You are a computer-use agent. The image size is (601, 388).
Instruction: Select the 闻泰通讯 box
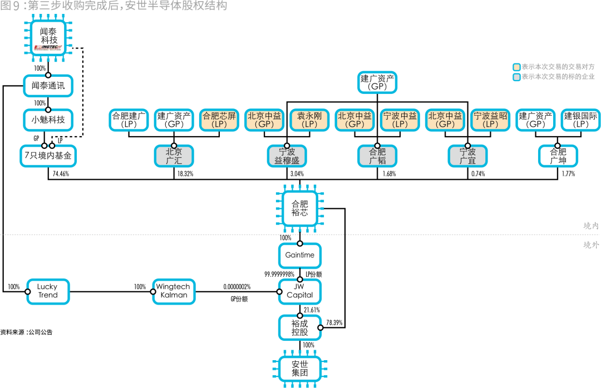48,86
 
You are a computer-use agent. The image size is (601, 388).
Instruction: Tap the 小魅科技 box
48,119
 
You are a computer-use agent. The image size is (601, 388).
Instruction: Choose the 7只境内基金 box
48,156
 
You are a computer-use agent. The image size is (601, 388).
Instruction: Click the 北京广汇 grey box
174,156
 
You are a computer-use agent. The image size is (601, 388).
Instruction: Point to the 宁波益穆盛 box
287,156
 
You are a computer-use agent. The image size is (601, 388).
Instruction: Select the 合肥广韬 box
377,156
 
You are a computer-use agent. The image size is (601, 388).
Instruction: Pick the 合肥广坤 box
558,156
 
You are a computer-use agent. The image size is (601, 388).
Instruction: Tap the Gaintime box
299,255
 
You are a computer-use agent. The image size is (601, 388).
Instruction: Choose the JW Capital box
299,291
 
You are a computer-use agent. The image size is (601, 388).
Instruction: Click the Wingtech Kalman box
174,291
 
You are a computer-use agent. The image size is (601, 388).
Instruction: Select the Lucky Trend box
48,291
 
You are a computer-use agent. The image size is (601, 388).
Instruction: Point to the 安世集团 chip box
299,368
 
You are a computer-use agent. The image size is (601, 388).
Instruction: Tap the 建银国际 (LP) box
580,120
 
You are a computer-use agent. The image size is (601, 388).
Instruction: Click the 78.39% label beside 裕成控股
334,322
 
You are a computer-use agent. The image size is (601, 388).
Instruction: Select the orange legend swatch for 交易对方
516,66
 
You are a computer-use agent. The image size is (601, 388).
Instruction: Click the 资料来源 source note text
26,332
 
